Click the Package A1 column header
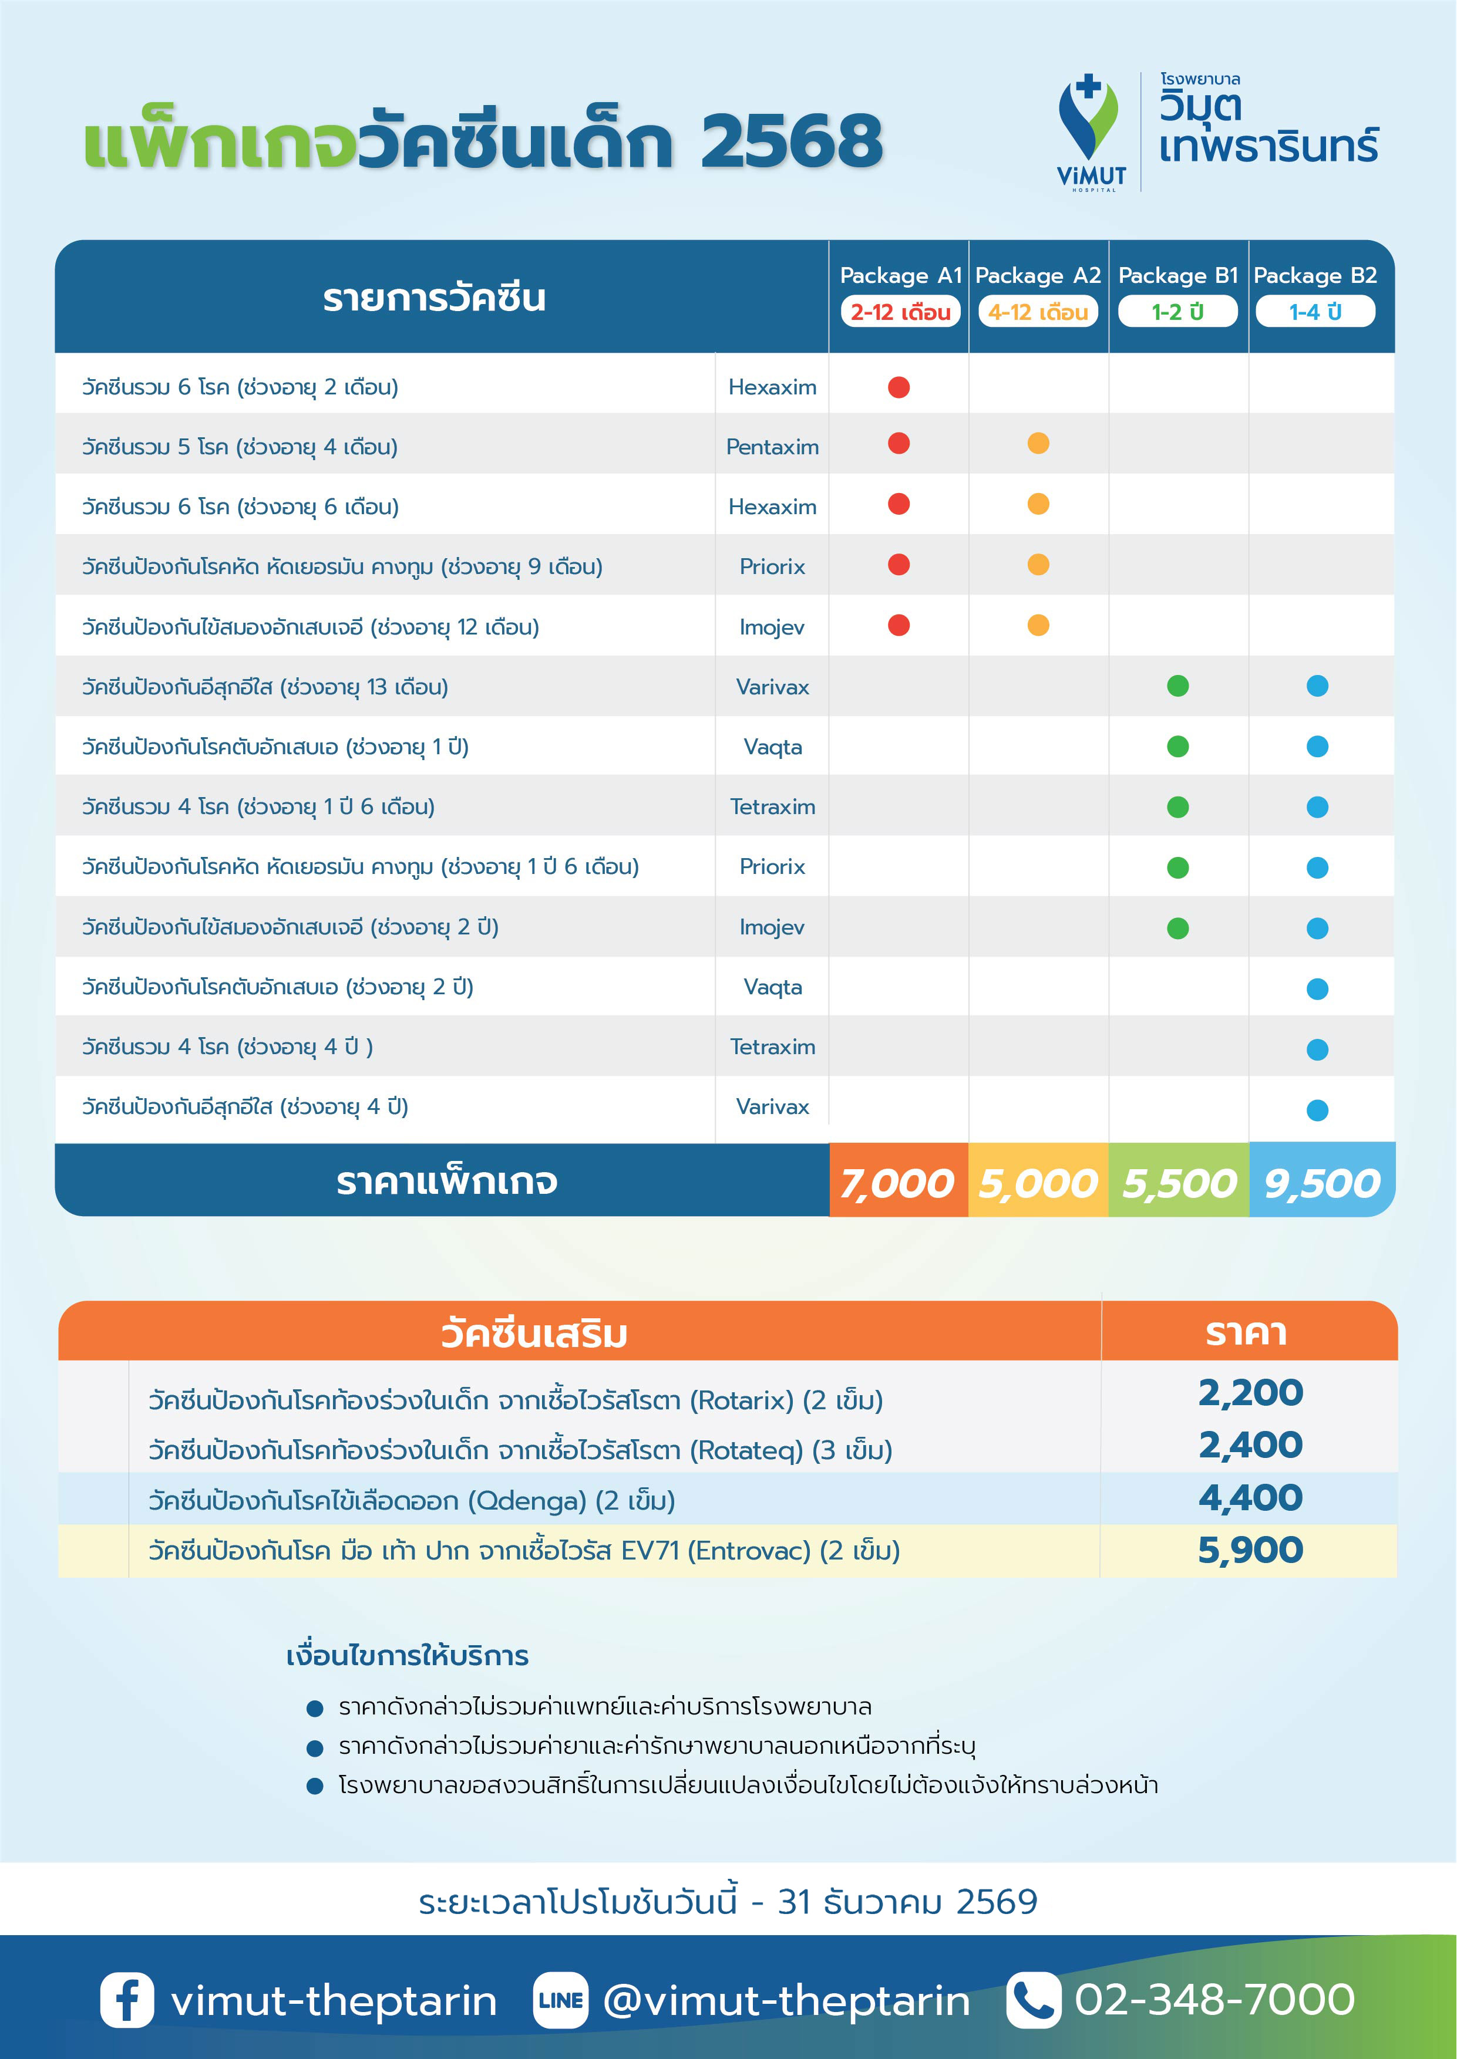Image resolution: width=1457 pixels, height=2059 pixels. [900, 275]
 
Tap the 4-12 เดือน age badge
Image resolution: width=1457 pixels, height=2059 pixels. [1038, 312]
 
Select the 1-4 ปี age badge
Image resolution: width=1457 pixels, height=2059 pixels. [1315, 312]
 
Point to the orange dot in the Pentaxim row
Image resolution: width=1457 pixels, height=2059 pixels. [1038, 444]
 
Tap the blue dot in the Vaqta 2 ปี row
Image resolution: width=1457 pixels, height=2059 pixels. [1317, 988]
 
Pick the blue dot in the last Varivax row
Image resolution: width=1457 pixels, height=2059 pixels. [1317, 1110]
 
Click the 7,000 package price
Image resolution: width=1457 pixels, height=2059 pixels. [897, 1183]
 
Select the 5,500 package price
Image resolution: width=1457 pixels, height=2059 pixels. [1179, 1183]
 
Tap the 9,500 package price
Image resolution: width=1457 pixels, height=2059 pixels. [1321, 1183]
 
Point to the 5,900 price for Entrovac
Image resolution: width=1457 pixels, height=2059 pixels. [1250, 1550]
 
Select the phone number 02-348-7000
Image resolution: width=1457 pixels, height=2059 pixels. [1215, 1999]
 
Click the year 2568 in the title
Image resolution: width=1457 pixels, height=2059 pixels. [791, 141]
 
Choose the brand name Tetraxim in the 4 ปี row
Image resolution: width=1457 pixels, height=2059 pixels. [772, 1047]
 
